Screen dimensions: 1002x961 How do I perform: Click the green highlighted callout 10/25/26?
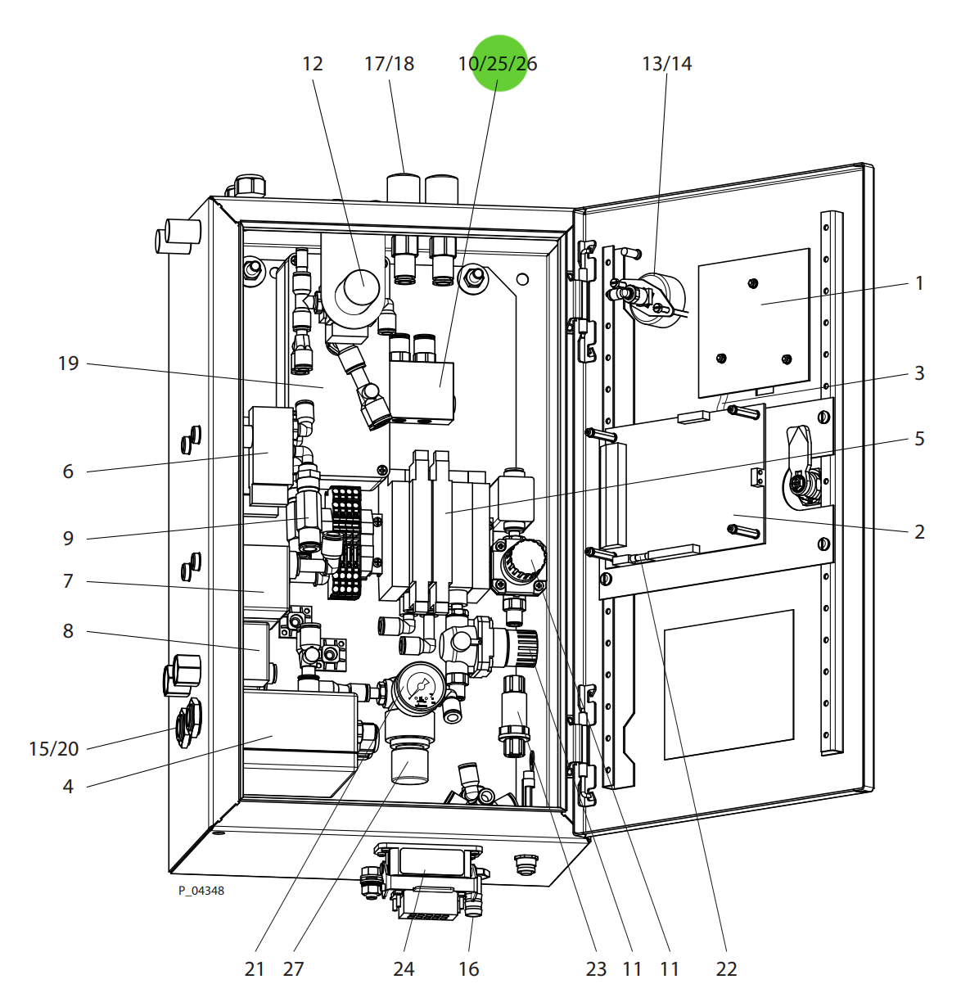(x=498, y=63)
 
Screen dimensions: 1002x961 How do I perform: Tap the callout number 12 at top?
(x=313, y=63)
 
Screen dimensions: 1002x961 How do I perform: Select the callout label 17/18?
(x=389, y=63)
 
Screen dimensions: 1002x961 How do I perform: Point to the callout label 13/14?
(x=666, y=63)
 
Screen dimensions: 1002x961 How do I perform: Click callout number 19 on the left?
(x=69, y=363)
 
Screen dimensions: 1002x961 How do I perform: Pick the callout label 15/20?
(x=54, y=748)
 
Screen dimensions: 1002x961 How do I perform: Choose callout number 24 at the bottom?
(x=404, y=968)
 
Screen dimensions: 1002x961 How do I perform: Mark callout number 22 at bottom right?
(x=726, y=968)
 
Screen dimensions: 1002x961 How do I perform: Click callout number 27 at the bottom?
(x=293, y=968)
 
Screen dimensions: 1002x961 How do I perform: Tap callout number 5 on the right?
(x=919, y=438)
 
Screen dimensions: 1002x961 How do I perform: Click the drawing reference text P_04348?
(x=201, y=891)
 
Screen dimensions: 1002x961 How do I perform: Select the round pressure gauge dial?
(x=421, y=686)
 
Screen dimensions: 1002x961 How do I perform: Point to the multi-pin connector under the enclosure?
(x=426, y=884)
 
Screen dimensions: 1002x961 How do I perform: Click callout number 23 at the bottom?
(x=596, y=968)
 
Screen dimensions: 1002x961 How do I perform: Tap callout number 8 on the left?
(x=68, y=630)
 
